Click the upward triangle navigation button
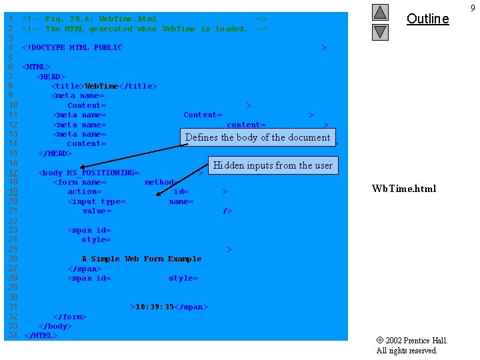[380, 12]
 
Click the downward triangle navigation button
[380, 31]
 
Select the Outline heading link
[427, 19]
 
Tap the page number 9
[473, 8]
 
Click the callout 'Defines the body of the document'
[257, 137]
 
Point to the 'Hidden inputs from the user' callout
[273, 165]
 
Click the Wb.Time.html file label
[404, 189]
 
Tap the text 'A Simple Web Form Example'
[141, 259]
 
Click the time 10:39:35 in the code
[154, 307]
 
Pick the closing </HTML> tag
[41, 335]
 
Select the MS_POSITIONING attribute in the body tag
[103, 173]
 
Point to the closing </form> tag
[70, 317]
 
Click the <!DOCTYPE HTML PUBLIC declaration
[72, 47]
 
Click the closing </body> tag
[55, 326]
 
